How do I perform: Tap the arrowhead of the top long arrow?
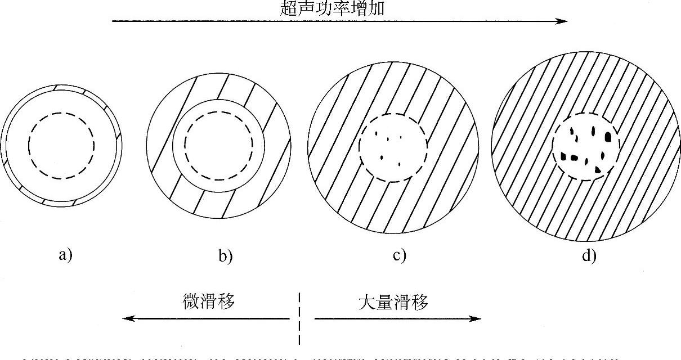tap(562, 21)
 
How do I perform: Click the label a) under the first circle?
tap(65, 255)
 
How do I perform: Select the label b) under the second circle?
tap(225, 256)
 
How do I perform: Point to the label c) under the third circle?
tap(399, 255)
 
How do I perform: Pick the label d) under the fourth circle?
tap(589, 256)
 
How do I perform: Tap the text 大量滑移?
tap(393, 302)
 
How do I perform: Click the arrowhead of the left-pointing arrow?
tap(129, 318)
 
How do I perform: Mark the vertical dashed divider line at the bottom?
tap(299, 318)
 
